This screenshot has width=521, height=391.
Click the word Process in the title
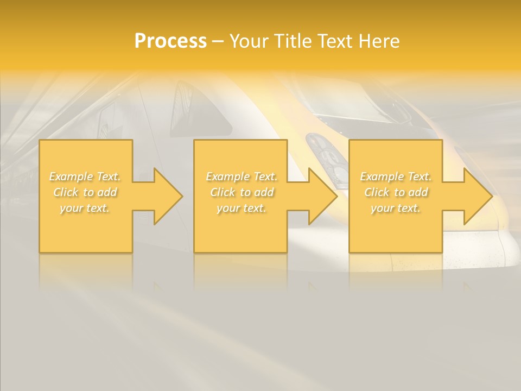pyautogui.click(x=170, y=41)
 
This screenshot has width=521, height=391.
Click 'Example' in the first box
pyautogui.click(x=71, y=176)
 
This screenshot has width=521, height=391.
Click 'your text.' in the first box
pyautogui.click(x=85, y=208)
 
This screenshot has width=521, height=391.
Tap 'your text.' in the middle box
pyautogui.click(x=241, y=208)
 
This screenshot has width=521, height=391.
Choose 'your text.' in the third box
pyautogui.click(x=395, y=208)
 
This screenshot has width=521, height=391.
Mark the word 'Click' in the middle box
pyautogui.click(x=223, y=192)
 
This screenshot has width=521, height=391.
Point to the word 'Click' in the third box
pyautogui.click(x=377, y=192)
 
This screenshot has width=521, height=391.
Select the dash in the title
pyautogui.click(x=218, y=42)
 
